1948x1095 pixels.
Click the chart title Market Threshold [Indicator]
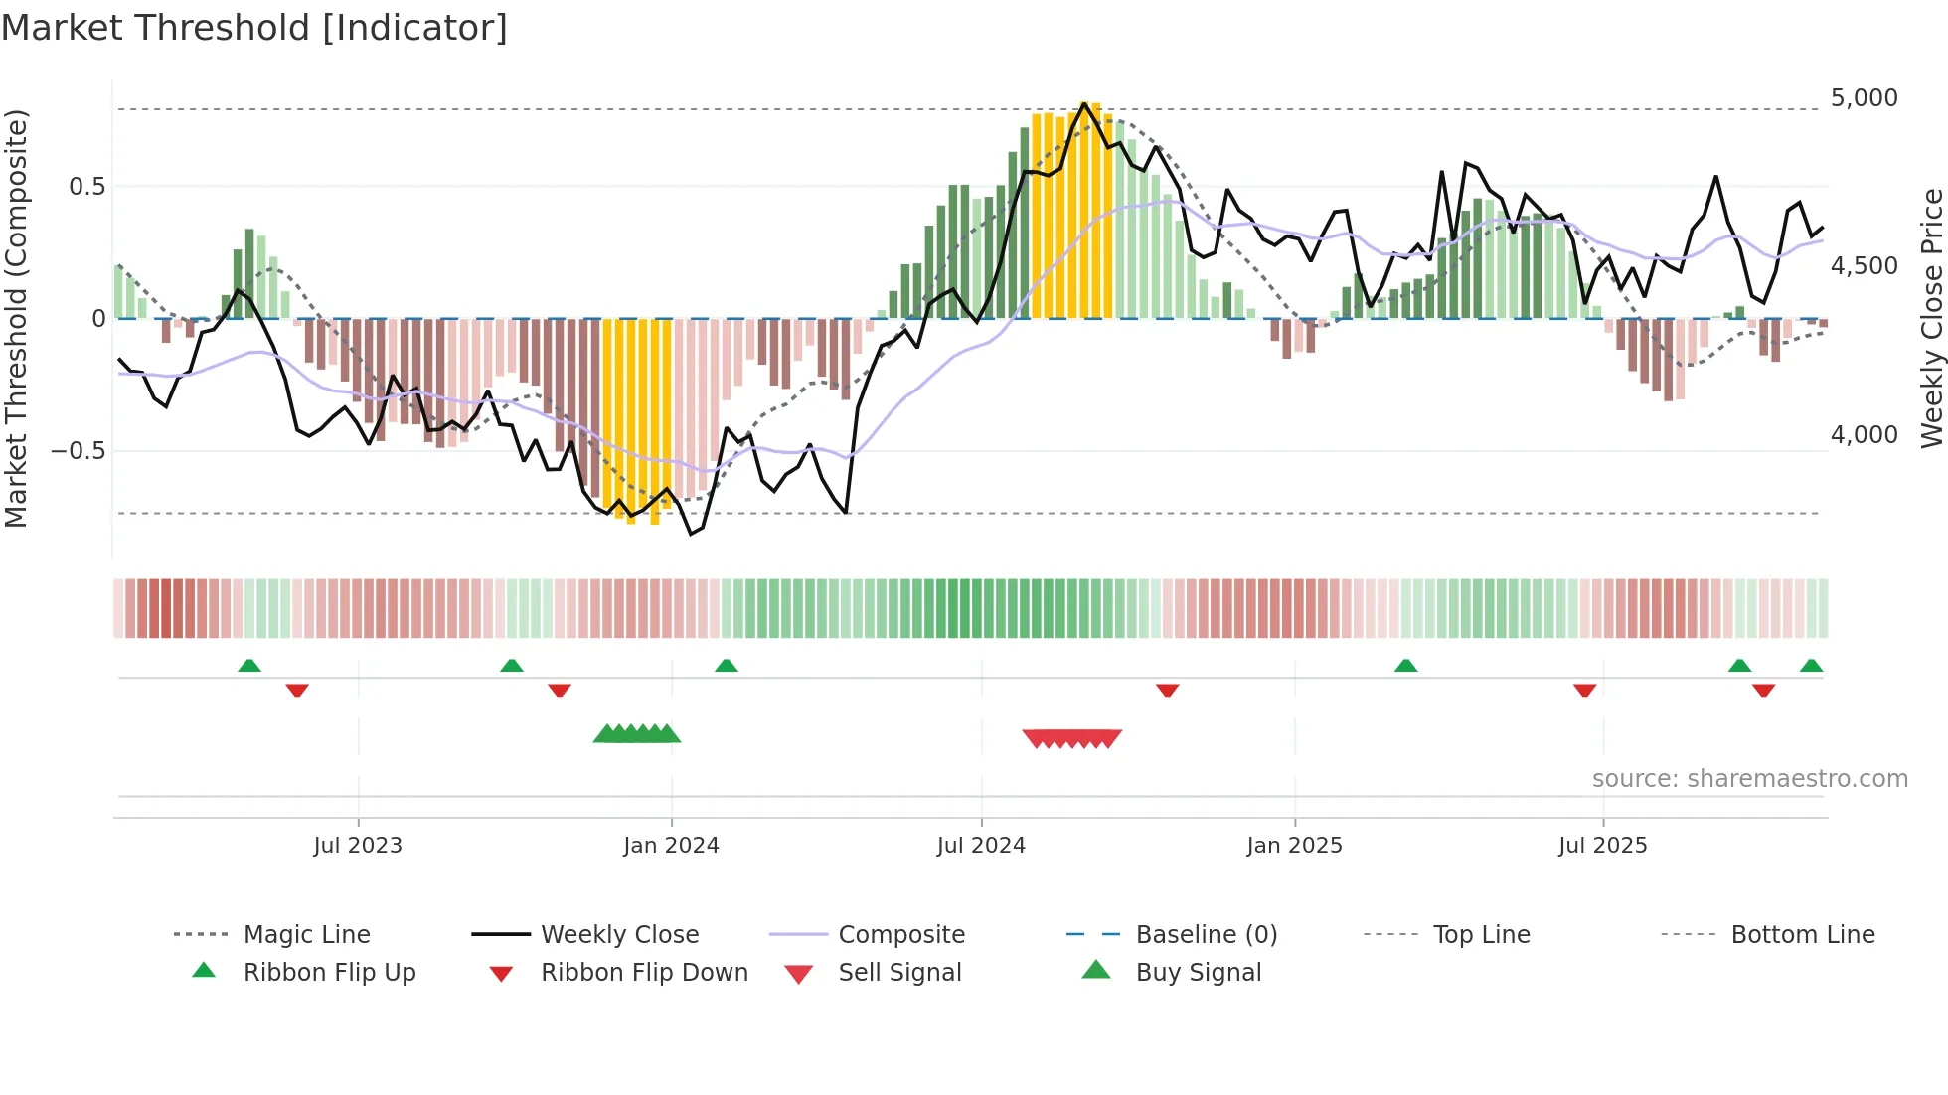point(254,28)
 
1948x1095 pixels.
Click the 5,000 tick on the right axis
point(1864,98)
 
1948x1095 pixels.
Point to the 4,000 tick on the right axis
point(1864,435)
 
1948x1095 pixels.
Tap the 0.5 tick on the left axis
point(86,187)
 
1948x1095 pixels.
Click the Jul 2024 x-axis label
point(981,846)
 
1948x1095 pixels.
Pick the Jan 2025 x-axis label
point(1294,846)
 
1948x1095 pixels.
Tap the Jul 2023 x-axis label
point(358,846)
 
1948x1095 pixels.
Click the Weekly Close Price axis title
point(1931,318)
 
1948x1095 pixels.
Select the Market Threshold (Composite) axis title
point(16,318)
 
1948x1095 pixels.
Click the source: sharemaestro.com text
point(1749,779)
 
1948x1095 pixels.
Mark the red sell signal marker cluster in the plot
point(1071,738)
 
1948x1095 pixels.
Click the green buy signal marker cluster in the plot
point(637,734)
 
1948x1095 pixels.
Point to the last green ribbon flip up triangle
point(1811,666)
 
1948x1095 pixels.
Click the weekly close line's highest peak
point(1084,103)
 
